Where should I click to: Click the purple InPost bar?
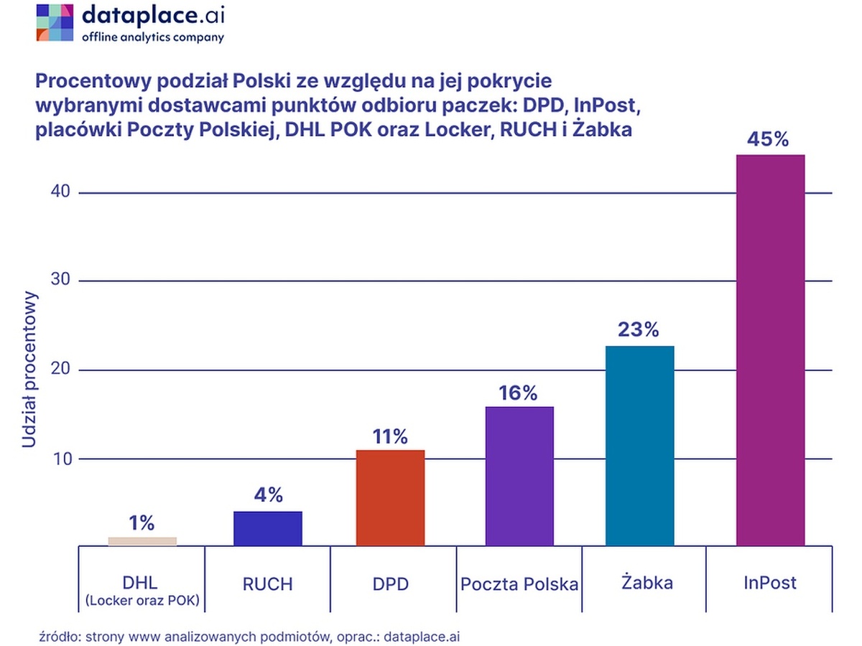point(770,350)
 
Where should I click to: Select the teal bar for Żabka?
point(639,446)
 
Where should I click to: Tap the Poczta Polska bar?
point(519,476)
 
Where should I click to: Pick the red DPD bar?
point(390,497)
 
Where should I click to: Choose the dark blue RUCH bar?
point(268,528)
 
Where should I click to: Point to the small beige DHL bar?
point(142,541)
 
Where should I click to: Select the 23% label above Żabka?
point(639,330)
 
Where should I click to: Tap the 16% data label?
point(519,393)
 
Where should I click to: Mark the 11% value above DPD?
point(389,436)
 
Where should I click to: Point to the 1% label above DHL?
point(142,523)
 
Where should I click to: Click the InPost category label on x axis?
point(770,582)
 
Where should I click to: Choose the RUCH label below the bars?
point(267,584)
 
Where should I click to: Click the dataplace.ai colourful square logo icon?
point(55,22)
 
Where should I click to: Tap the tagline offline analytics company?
point(152,37)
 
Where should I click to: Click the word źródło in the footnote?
point(57,635)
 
